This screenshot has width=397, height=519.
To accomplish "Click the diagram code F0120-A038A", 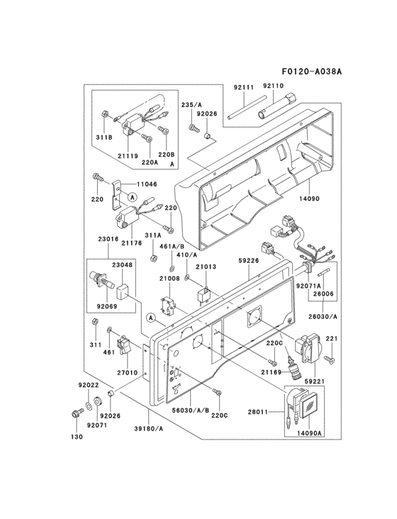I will (x=311, y=72).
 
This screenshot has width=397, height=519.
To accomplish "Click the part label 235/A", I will (x=191, y=104).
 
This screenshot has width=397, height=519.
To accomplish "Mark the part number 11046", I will (x=147, y=184).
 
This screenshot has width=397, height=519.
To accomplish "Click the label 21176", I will (x=130, y=242).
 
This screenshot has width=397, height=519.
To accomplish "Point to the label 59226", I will (x=247, y=261).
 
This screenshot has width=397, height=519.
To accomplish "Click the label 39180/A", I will (x=150, y=429).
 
